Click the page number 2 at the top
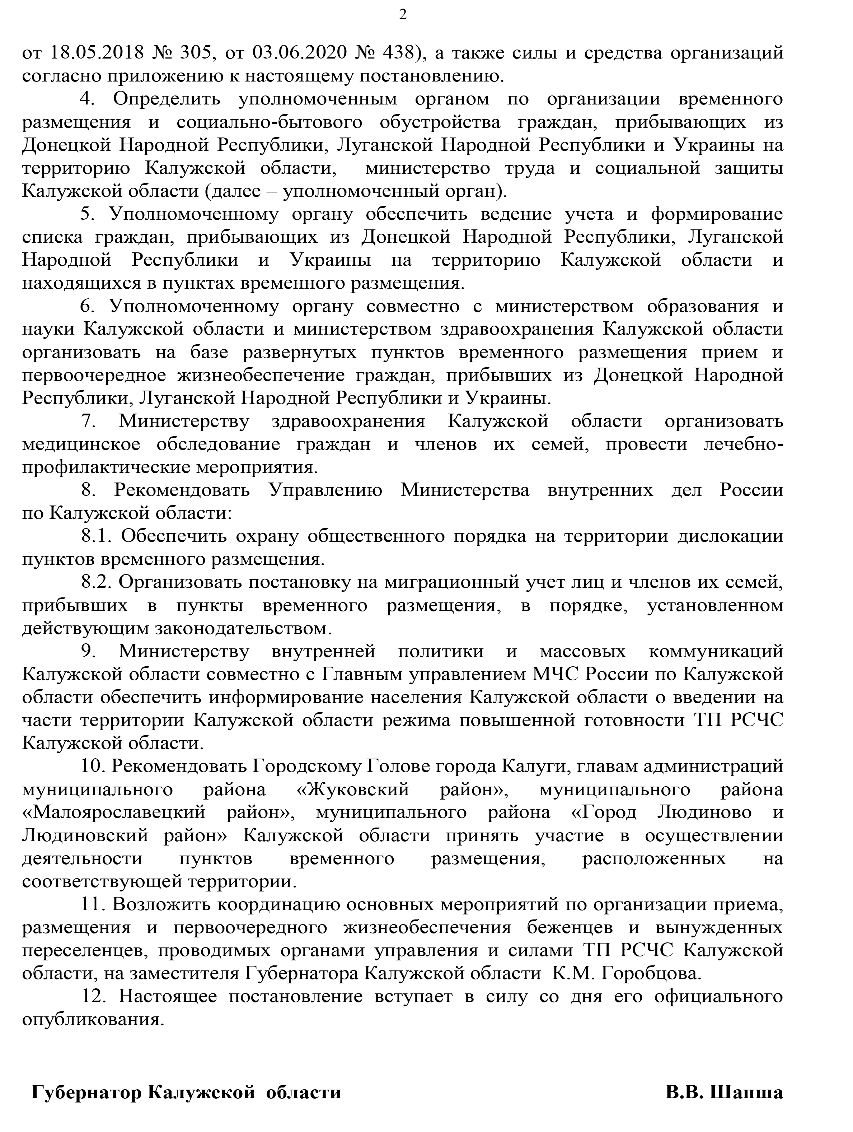tap(403, 15)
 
